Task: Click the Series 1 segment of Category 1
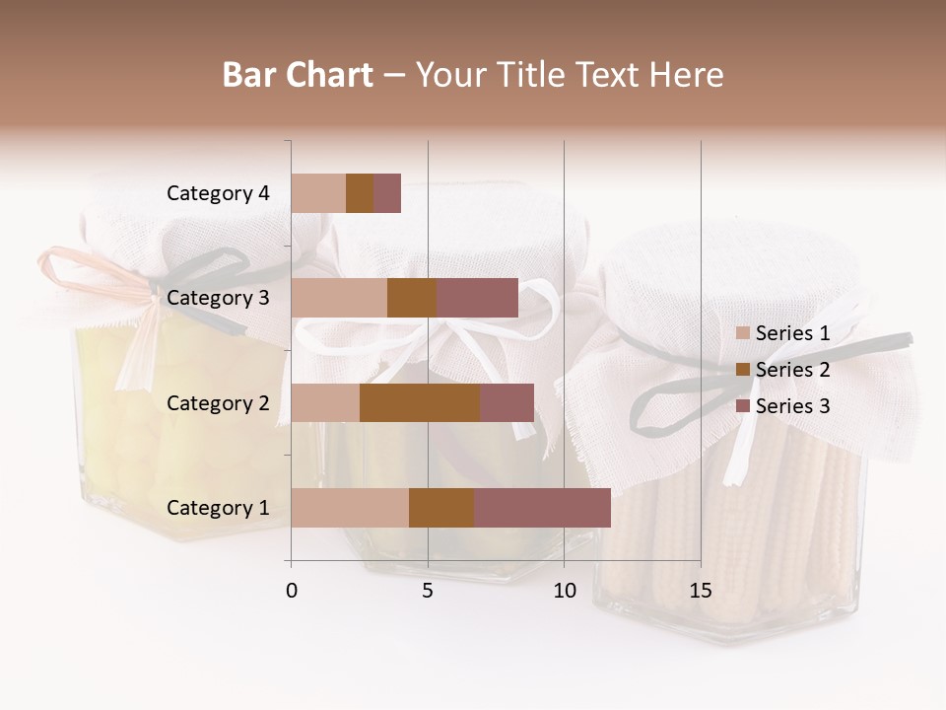coord(350,508)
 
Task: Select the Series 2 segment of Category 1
coord(441,508)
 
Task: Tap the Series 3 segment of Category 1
coord(542,508)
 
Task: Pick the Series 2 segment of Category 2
coord(420,403)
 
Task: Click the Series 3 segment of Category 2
coord(507,403)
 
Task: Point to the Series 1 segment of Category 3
coord(339,298)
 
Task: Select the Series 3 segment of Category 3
coord(477,298)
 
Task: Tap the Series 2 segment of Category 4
coord(360,193)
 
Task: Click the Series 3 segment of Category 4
coord(387,193)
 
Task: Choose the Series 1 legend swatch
coord(743,333)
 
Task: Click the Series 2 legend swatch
coord(743,370)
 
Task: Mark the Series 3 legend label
coord(793,406)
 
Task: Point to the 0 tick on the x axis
coord(292,591)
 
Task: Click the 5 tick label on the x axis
coord(428,591)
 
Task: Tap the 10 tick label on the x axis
coord(564,591)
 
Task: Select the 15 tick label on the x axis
coord(700,591)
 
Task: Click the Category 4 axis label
coord(218,193)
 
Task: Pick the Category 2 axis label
coord(218,403)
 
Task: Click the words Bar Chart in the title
coord(298,75)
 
